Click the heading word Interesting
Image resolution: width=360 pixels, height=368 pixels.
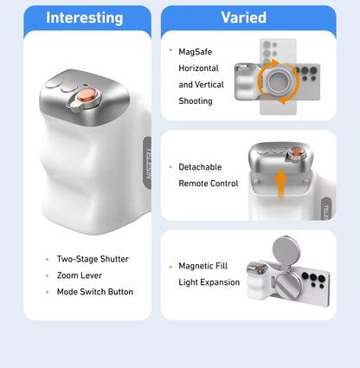click(85, 18)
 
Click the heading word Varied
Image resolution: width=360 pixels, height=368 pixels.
click(244, 17)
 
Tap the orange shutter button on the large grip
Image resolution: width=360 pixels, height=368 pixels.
click(87, 95)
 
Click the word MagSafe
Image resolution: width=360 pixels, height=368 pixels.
click(196, 52)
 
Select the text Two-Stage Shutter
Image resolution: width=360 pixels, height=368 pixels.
click(93, 259)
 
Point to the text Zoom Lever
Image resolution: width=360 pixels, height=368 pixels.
click(80, 275)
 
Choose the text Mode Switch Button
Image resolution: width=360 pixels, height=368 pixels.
click(95, 292)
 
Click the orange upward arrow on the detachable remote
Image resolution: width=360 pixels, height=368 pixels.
click(280, 184)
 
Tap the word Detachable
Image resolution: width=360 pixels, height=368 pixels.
click(200, 167)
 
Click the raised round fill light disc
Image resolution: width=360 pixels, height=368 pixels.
click(286, 251)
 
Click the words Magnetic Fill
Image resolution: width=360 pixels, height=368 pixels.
click(203, 266)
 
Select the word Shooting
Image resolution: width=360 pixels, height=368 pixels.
click(196, 101)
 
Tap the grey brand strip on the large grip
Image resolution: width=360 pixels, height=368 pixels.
click(147, 163)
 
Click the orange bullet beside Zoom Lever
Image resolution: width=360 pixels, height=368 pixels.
click(48, 275)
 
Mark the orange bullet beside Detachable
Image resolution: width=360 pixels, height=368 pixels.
click(170, 167)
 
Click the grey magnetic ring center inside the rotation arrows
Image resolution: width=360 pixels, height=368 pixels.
click(279, 81)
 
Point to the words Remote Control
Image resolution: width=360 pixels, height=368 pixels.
click(209, 184)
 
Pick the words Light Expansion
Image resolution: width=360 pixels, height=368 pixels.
click(209, 282)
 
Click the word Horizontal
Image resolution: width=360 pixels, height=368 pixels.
click(198, 68)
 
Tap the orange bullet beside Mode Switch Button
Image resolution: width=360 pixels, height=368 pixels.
click(48, 292)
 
